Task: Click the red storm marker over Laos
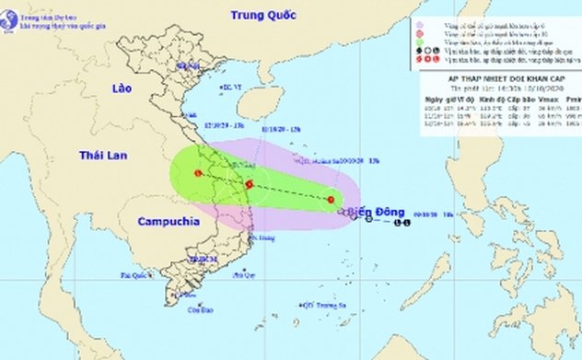click(x=198, y=173)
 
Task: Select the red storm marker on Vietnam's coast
click(x=249, y=184)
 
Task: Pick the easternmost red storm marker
click(x=332, y=199)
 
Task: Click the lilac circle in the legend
click(x=419, y=26)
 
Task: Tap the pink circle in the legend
click(x=419, y=35)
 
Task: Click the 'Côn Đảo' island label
click(x=193, y=310)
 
